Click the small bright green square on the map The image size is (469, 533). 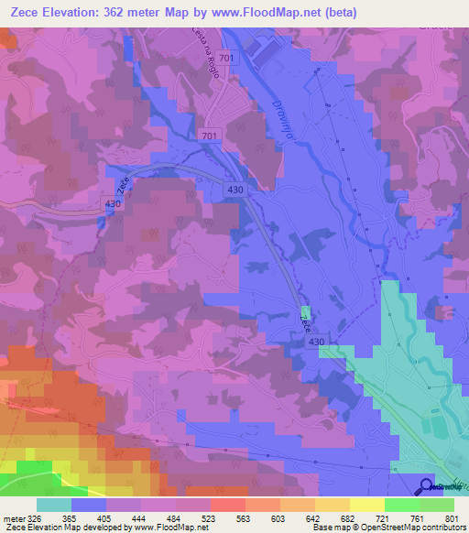305,312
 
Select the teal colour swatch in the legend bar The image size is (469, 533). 53,505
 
